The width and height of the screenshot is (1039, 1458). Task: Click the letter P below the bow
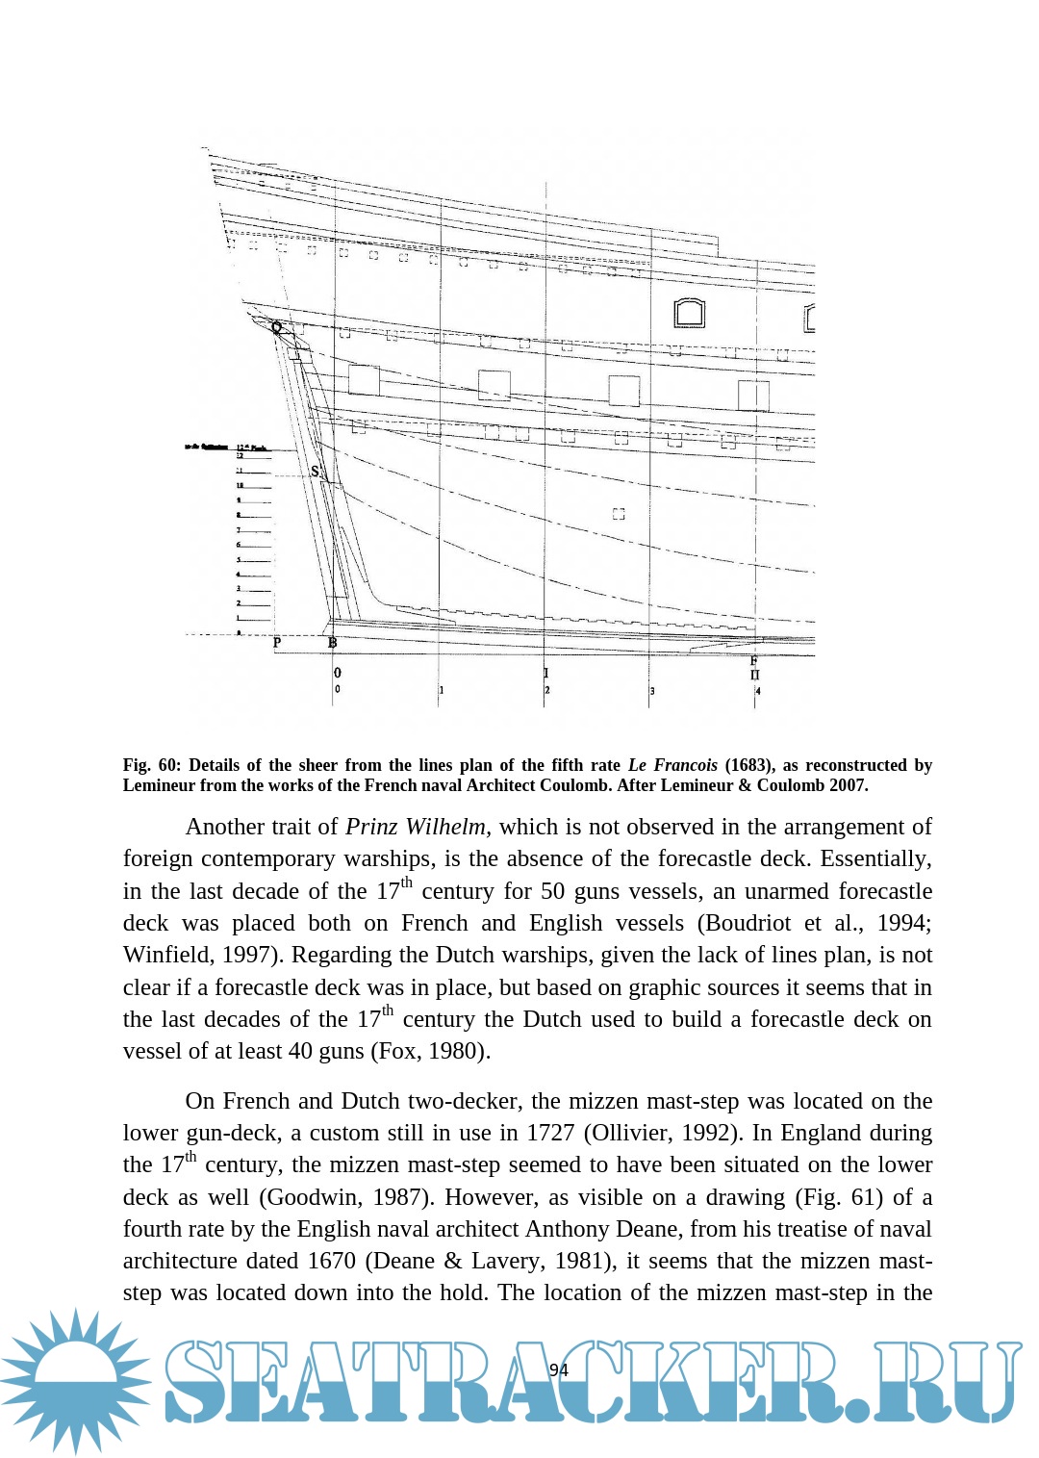point(277,642)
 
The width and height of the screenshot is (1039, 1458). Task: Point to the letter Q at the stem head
point(277,327)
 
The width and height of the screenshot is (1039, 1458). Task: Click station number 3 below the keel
point(652,691)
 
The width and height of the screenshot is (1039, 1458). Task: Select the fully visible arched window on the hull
point(689,313)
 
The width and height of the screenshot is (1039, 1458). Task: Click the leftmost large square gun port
point(364,380)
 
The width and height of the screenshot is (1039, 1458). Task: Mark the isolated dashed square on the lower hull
point(619,515)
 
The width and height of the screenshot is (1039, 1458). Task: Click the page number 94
point(558,1369)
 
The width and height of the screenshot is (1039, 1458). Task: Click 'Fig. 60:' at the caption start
point(151,765)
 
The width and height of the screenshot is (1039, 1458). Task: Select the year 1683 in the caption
point(749,765)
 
